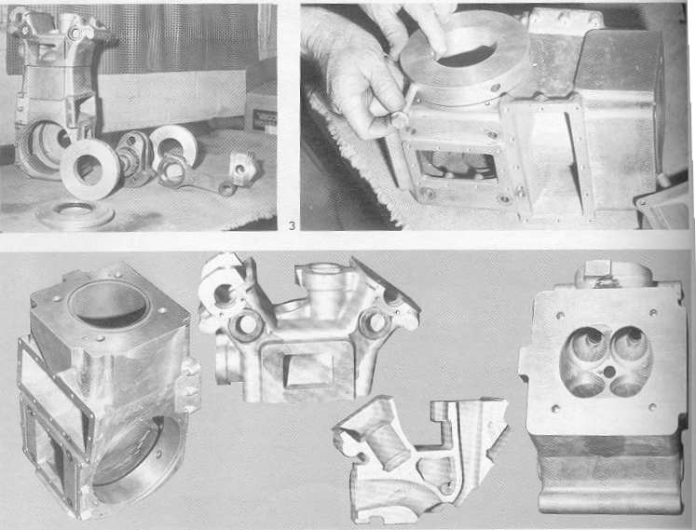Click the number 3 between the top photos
pyautogui.click(x=292, y=226)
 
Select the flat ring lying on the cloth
pyautogui.click(x=75, y=216)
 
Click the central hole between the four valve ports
pyautogui.click(x=609, y=371)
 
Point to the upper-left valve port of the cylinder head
pyautogui.click(x=586, y=343)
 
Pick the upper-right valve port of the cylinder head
pyautogui.click(x=630, y=342)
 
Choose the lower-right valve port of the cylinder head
pyautogui.click(x=629, y=385)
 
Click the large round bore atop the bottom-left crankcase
pyautogui.click(x=109, y=305)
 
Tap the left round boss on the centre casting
pyautogui.click(x=247, y=325)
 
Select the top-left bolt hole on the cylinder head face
pyautogui.click(x=560, y=316)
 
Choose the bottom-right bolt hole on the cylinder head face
pyautogui.click(x=651, y=407)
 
